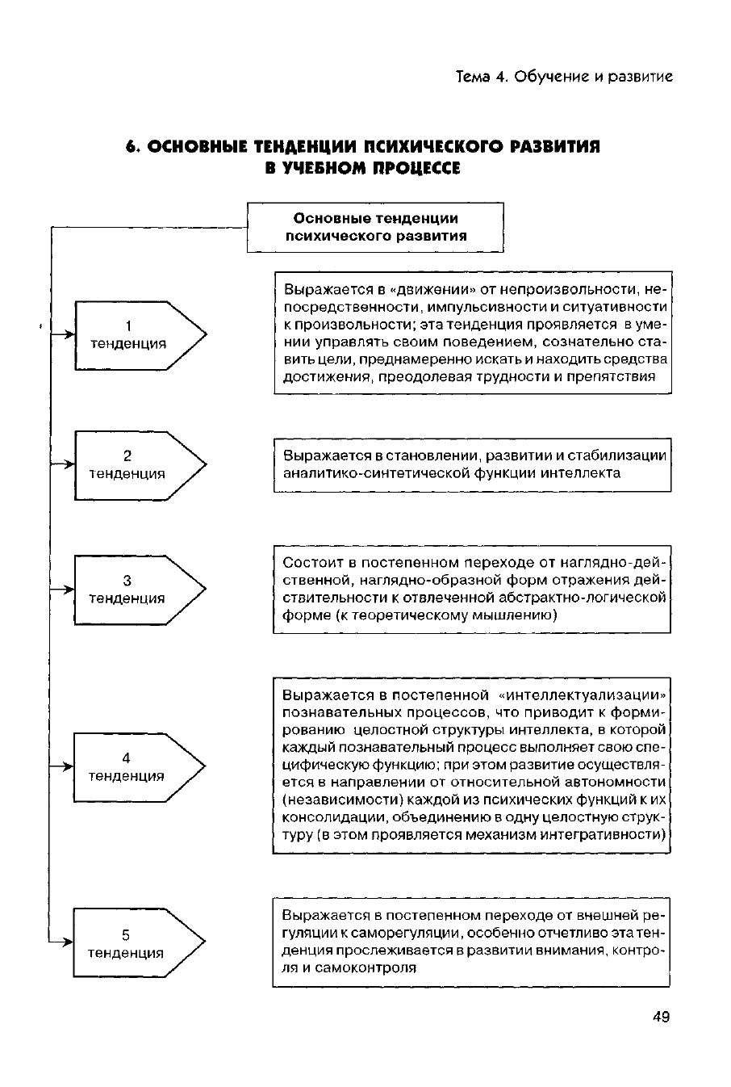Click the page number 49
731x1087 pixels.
click(x=660, y=1017)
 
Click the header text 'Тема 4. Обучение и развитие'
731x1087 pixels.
click(x=564, y=77)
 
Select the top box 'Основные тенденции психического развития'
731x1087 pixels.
click(x=375, y=227)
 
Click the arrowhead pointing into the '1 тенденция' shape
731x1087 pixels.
click(x=69, y=330)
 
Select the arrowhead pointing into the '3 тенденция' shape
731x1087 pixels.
click(x=69, y=590)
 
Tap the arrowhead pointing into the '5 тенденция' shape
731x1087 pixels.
click(x=69, y=942)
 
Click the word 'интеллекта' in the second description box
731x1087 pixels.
click(x=587, y=473)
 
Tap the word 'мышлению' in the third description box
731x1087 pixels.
click(x=519, y=615)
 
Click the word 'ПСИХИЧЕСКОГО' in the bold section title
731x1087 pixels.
click(x=427, y=148)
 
